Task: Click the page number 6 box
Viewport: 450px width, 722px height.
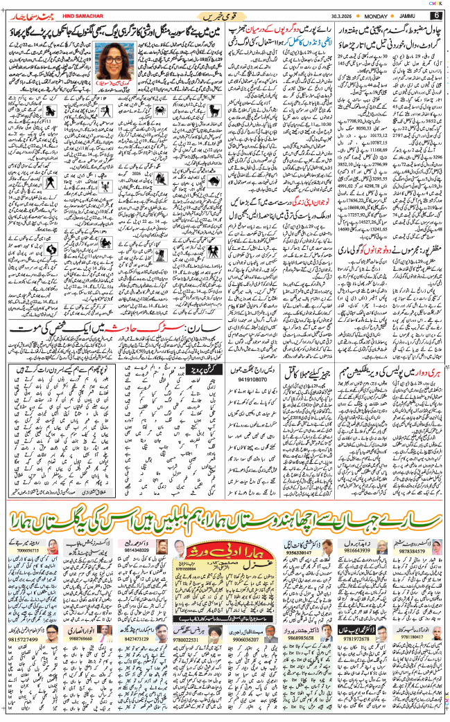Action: coord(436,15)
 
